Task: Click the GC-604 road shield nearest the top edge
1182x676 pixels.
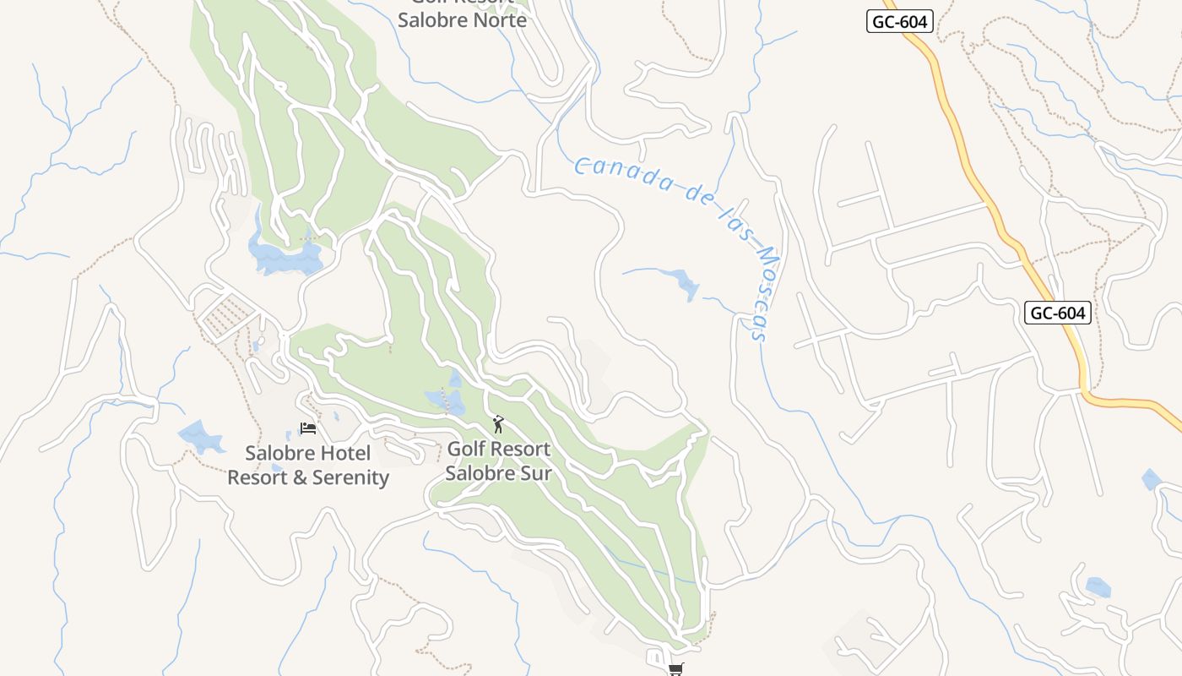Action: coord(900,22)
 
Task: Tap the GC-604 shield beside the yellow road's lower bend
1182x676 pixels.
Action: coord(1058,313)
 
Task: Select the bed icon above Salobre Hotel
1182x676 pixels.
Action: coord(308,428)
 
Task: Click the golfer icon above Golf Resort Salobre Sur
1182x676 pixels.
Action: coord(498,424)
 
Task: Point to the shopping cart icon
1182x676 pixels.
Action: coord(675,669)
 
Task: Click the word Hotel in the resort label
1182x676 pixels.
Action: coord(343,454)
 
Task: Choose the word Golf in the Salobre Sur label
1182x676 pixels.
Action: coord(465,449)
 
